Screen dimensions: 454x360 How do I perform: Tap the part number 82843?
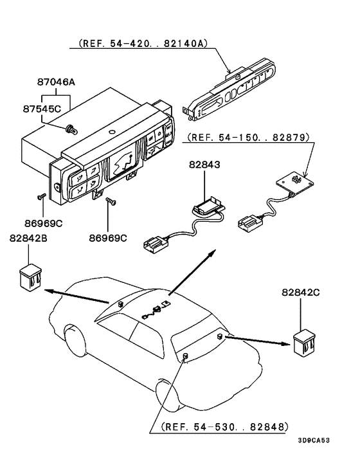(x=204, y=166)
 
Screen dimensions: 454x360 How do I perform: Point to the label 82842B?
(x=29, y=239)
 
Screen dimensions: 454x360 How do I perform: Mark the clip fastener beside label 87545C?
(x=71, y=128)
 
